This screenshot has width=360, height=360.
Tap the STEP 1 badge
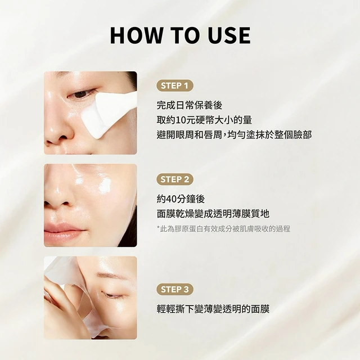[x=175, y=86]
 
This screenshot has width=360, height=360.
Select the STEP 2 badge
[x=175, y=179]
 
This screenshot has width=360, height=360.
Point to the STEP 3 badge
[x=175, y=289]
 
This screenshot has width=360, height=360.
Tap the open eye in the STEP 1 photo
[x=81, y=94]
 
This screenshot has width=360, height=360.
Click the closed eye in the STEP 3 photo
[x=112, y=295]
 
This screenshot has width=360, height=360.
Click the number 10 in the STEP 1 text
[x=181, y=120]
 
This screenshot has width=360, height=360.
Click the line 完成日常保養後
[x=190, y=105]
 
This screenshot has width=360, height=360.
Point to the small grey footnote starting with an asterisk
[x=223, y=229]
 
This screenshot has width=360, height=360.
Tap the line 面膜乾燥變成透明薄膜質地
[x=213, y=214]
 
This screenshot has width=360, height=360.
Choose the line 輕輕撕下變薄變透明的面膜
[x=213, y=309]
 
